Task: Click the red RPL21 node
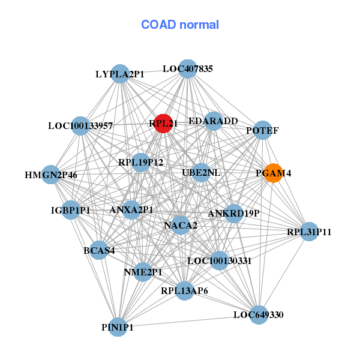[x=163, y=123]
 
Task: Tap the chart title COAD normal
[x=180, y=25]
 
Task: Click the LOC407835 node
[x=188, y=68]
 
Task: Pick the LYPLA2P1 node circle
[x=121, y=74]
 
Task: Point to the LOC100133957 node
[x=80, y=126]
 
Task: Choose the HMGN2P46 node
[x=50, y=175]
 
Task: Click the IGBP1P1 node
[x=70, y=209]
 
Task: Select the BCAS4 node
[x=99, y=250]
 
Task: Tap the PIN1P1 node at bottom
[x=118, y=327]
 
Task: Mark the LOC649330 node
[x=259, y=314]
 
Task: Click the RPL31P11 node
[x=308, y=231]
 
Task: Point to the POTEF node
[x=262, y=130]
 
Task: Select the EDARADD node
[x=214, y=121]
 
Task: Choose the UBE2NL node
[x=201, y=173]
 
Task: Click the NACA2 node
[x=181, y=226]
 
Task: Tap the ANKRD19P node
[x=233, y=213]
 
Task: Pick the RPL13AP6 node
[x=184, y=291]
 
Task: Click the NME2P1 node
[x=143, y=272]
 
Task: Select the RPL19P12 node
[x=140, y=162]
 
